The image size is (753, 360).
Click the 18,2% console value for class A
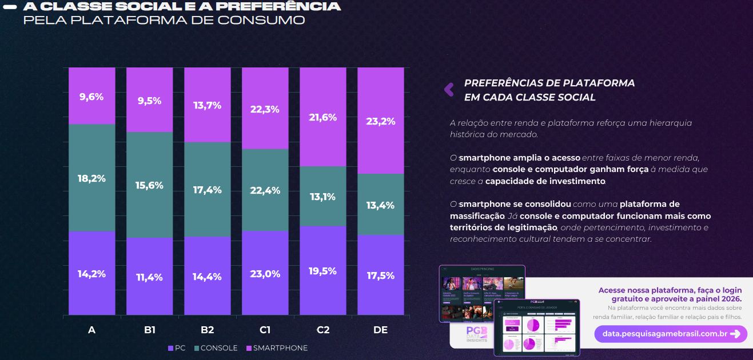pyautogui.click(x=91, y=178)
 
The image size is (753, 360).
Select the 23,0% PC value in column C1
pyautogui.click(x=265, y=274)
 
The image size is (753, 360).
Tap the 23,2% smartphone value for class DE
pyautogui.click(x=380, y=121)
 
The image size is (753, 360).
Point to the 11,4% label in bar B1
pyautogui.click(x=149, y=277)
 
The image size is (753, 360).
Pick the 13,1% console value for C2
pyautogui.click(x=322, y=197)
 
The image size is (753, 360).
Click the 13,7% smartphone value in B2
pyautogui.click(x=207, y=105)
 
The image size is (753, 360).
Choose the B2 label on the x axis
pyautogui.click(x=207, y=330)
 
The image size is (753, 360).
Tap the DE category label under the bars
pyautogui.click(x=380, y=330)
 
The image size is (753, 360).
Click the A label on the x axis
pyautogui.click(x=91, y=330)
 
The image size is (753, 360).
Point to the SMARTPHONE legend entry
pyautogui.click(x=277, y=348)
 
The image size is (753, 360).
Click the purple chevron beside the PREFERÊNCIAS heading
pyautogui.click(x=449, y=89)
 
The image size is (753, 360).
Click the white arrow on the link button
pyautogui.click(x=735, y=334)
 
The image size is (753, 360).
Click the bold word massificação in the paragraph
pyautogui.click(x=477, y=216)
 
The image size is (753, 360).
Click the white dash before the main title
pyautogui.click(x=10, y=7)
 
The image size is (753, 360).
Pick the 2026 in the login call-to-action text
pyautogui.click(x=731, y=299)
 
